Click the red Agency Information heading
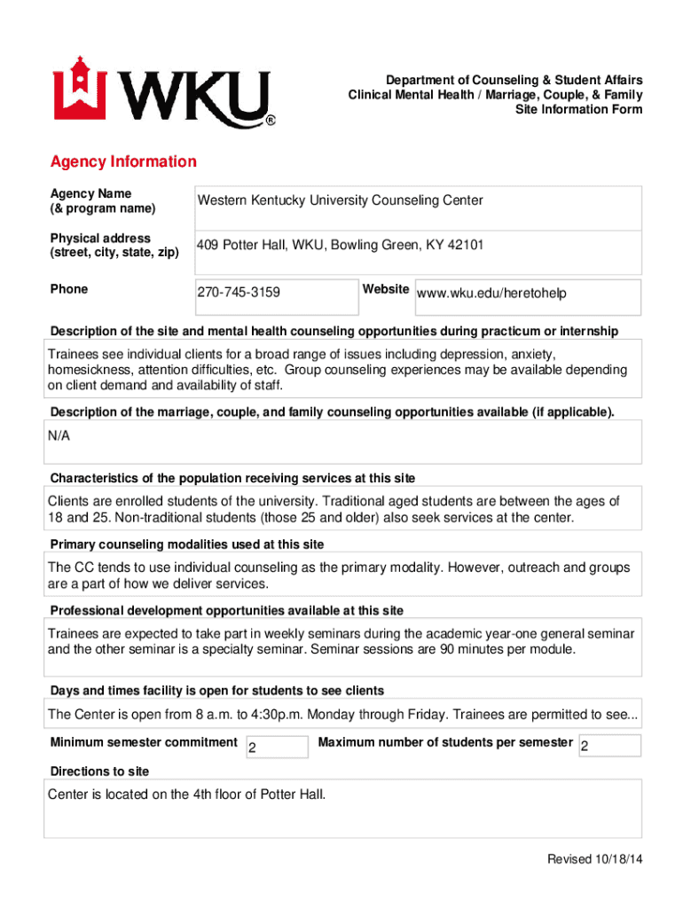click(123, 162)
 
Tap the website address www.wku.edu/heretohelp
click(491, 294)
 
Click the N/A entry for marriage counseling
click(59, 436)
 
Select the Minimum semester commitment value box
click(275, 747)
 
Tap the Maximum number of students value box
click(608, 747)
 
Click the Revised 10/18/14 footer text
click(594, 859)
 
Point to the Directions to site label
click(99, 771)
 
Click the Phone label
click(69, 289)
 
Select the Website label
click(385, 289)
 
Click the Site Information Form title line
click(578, 110)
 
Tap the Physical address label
click(100, 238)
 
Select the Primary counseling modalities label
click(186, 544)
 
